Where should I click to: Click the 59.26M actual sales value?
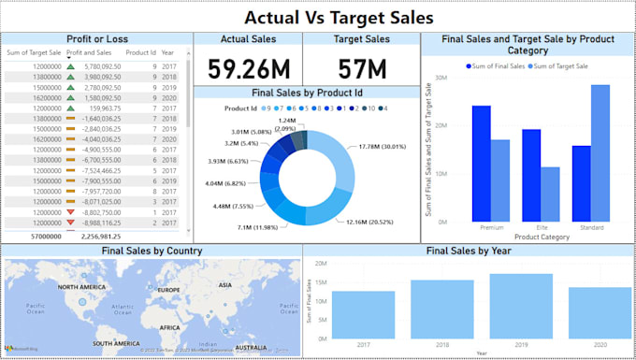click(247, 68)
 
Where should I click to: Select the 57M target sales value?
click(361, 68)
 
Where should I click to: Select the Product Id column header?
click(140, 53)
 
